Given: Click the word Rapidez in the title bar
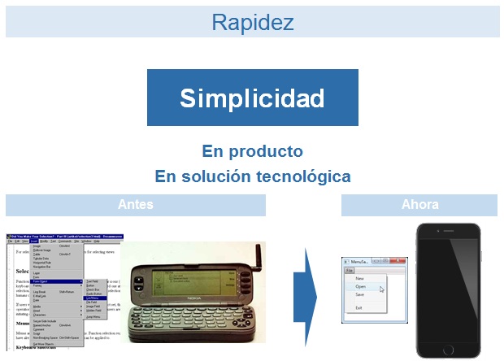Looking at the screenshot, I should pyautogui.click(x=252, y=22).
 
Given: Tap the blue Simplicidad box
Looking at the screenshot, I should pyautogui.click(x=252, y=98).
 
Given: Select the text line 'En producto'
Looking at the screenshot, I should pyautogui.click(x=252, y=151).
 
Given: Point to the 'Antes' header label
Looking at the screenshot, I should pyautogui.click(x=135, y=205).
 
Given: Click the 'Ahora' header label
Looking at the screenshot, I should pyautogui.click(x=419, y=205).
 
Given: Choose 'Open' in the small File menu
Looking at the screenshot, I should pyautogui.click(x=361, y=286).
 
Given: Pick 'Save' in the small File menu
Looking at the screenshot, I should pyautogui.click(x=360, y=295).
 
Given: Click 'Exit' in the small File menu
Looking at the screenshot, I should pyautogui.click(x=359, y=308).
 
